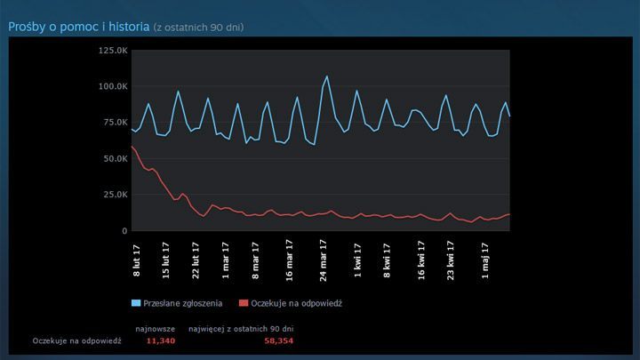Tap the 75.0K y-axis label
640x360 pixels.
click(x=113, y=123)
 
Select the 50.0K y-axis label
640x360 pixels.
click(x=113, y=159)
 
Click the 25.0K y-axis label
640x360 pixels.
click(x=113, y=195)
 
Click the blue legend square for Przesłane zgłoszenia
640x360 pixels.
click(x=136, y=303)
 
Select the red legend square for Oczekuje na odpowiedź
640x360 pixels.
click(x=245, y=303)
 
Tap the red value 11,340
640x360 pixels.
click(x=160, y=340)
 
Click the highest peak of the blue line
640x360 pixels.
click(x=327, y=76)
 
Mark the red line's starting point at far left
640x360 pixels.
click(x=132, y=146)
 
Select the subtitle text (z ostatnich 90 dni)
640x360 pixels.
click(x=198, y=28)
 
